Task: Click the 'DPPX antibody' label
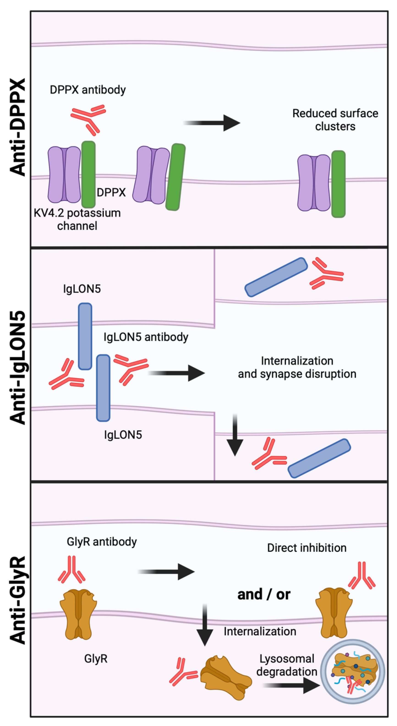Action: (88, 90)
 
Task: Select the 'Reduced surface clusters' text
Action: (335, 120)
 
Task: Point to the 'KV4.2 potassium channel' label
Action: (77, 219)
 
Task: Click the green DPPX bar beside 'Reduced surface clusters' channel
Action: (338, 184)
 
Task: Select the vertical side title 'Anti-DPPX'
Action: (17, 127)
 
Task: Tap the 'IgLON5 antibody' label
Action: (146, 337)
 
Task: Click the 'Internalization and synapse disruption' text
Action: (297, 367)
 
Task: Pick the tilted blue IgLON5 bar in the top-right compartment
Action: (276, 277)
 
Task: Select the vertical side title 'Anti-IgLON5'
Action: (17, 368)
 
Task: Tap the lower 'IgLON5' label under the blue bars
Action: (123, 434)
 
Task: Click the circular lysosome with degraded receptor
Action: (353, 672)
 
